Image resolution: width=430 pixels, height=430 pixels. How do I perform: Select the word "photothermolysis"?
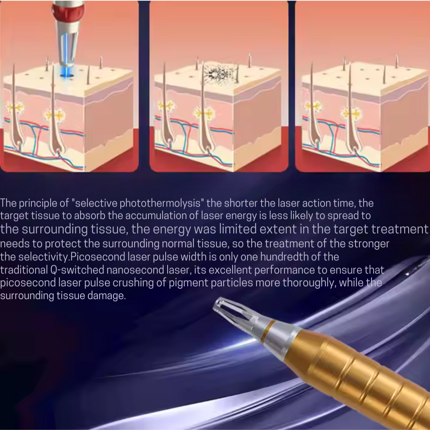[162, 203]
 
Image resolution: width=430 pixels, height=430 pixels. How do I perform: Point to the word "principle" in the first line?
[38, 203]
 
